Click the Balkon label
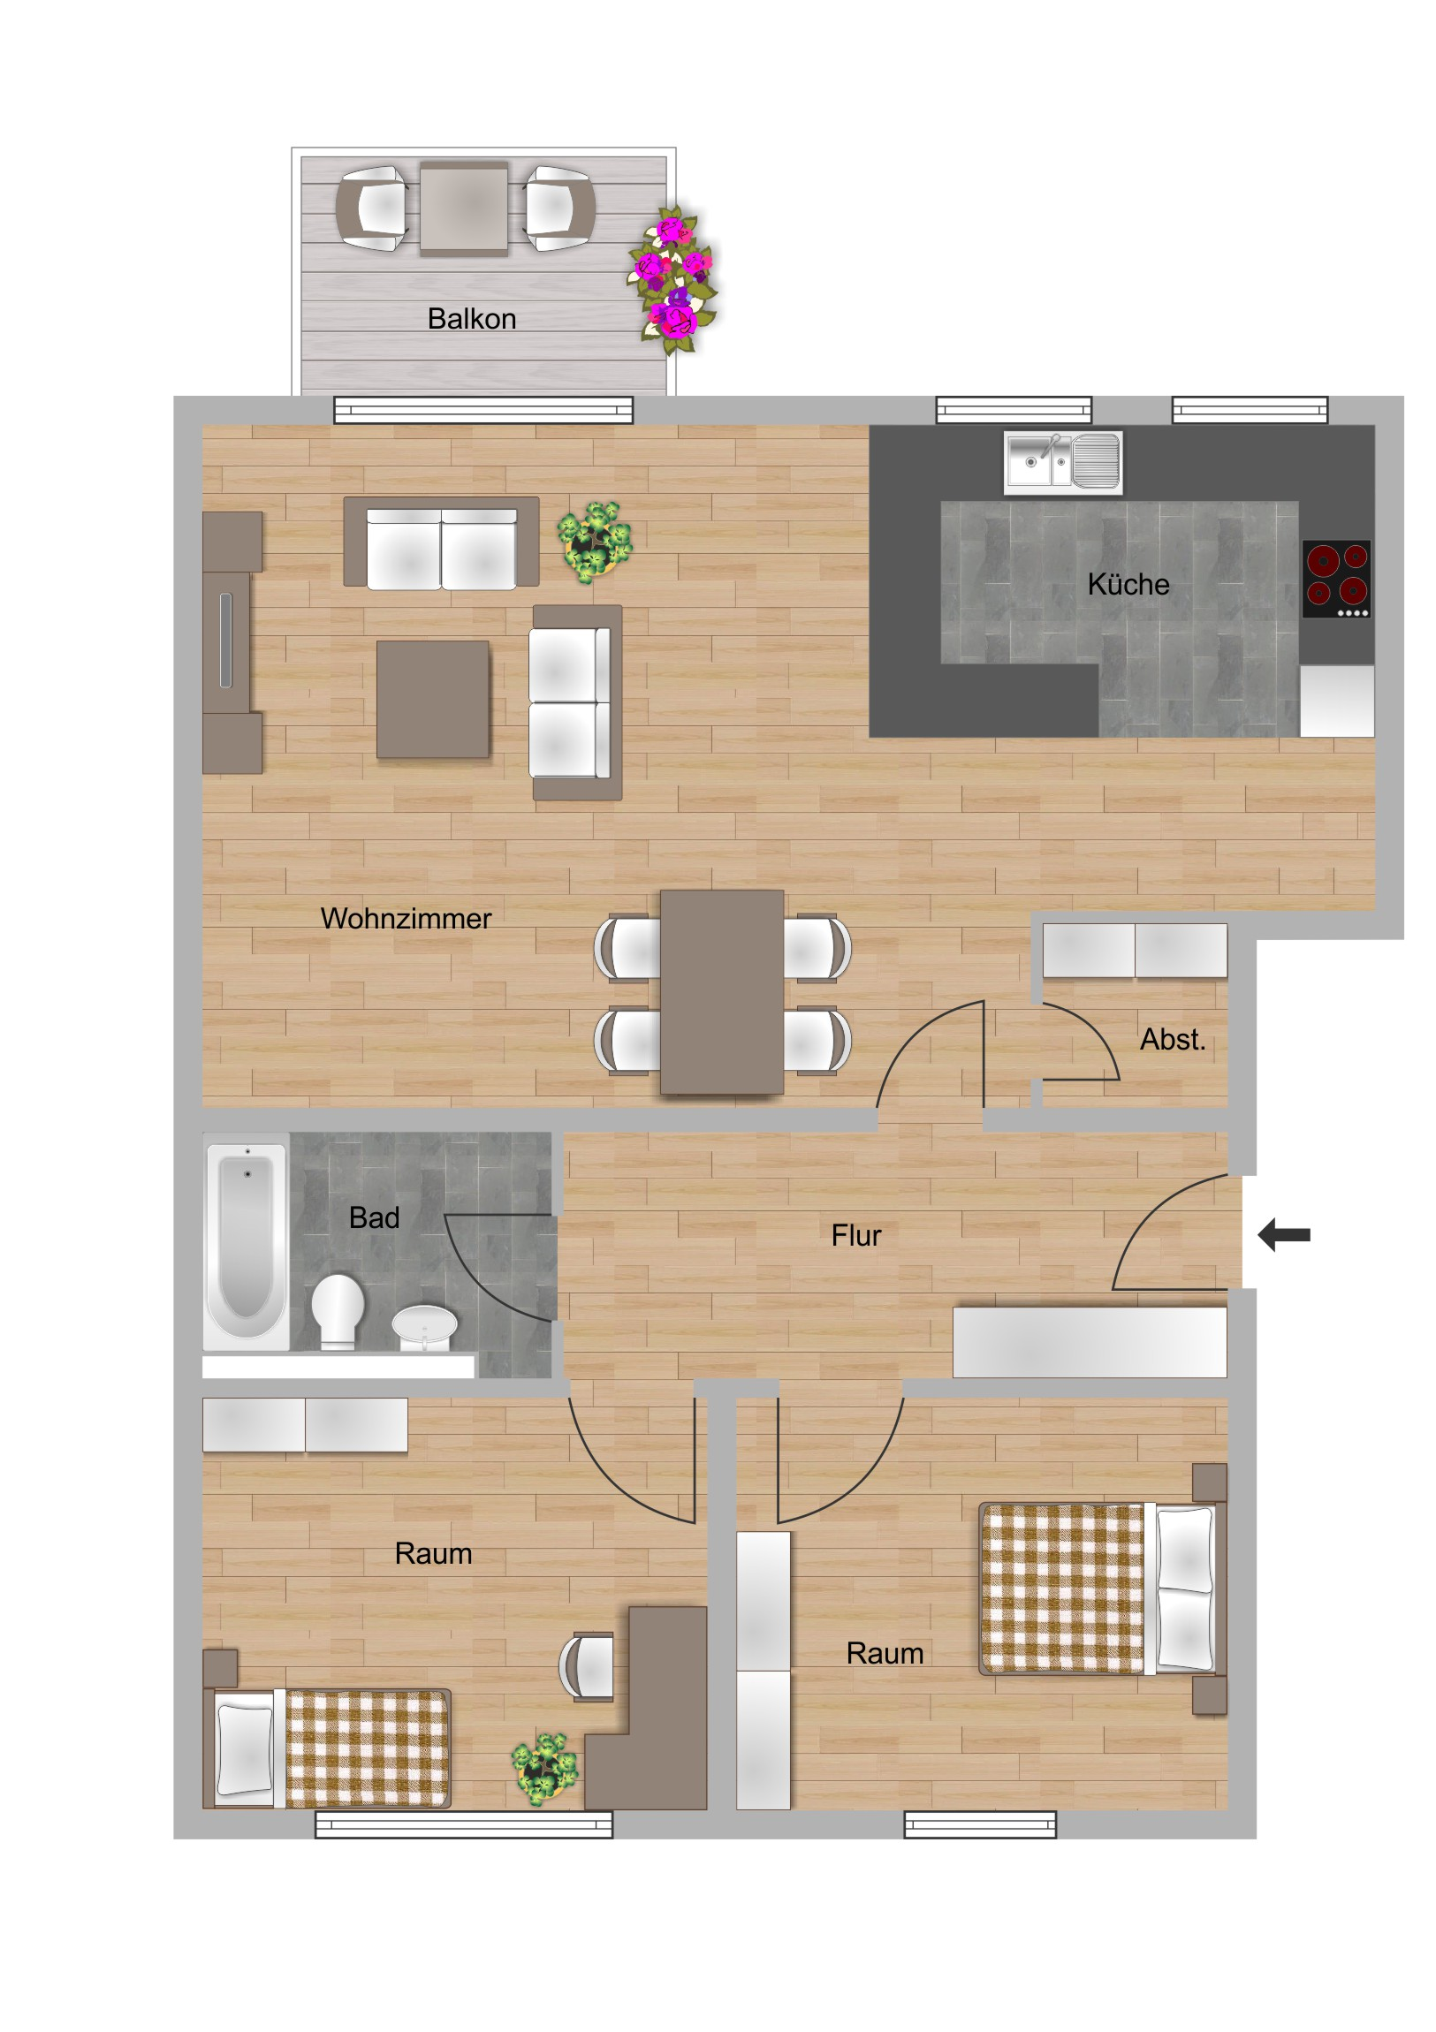471,319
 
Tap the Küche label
1128,584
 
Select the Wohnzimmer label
406,919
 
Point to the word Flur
856,1235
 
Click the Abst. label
1173,1039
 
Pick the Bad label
375,1217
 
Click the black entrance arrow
1284,1234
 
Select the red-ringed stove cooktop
1337,579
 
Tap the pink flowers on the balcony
674,280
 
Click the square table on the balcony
464,209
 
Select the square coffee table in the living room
433,699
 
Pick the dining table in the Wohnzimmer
722,992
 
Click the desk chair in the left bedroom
586,1666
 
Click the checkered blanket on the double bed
1061,1589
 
